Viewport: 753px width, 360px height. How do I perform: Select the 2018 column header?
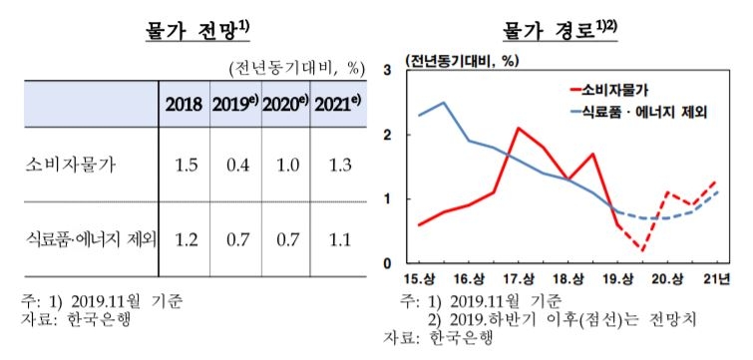[184, 104]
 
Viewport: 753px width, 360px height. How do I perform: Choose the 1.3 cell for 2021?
[338, 165]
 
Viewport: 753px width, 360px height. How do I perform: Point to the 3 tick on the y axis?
[387, 70]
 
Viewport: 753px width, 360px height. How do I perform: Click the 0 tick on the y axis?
[387, 264]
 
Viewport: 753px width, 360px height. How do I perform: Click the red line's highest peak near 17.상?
[519, 128]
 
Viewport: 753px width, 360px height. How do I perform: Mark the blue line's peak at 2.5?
[444, 102]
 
